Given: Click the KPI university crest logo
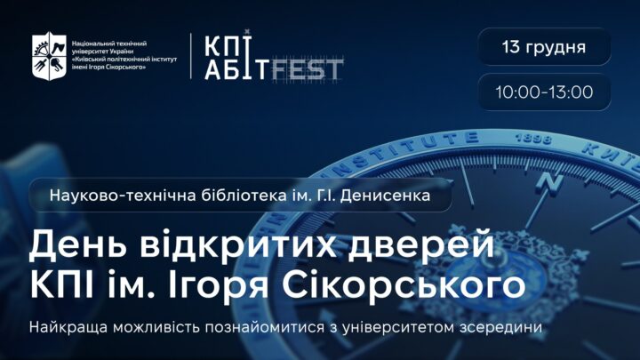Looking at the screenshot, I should coord(49,55).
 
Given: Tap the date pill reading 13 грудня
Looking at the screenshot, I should coord(544,46).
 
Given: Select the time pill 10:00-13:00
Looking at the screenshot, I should coord(544,92).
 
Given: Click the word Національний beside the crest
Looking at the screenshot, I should coord(95,44).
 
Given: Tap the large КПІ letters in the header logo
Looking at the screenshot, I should coord(227,44).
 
